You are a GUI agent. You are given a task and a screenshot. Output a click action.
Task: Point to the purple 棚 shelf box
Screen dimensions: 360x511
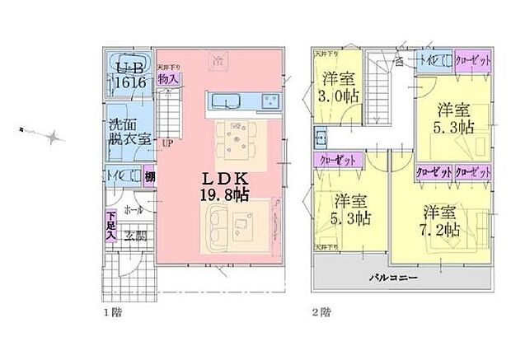coord(149,175)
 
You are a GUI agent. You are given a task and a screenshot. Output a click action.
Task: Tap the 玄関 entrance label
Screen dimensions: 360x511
coord(135,236)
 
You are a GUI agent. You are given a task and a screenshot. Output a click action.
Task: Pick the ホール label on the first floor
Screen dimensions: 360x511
coord(133,210)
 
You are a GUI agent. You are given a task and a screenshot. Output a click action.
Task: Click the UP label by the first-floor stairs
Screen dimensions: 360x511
coord(166,143)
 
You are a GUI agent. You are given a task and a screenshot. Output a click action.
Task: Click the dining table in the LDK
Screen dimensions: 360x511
coord(236,138)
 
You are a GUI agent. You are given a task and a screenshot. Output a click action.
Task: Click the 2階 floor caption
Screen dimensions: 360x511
coord(322,312)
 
